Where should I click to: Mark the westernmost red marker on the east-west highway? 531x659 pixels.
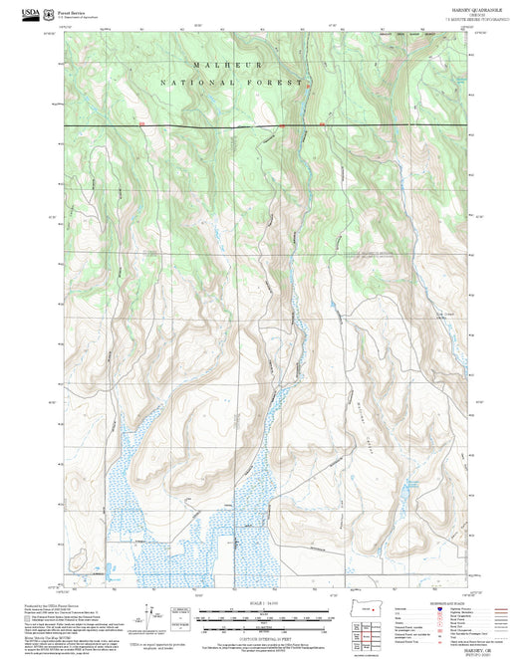click(142, 124)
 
